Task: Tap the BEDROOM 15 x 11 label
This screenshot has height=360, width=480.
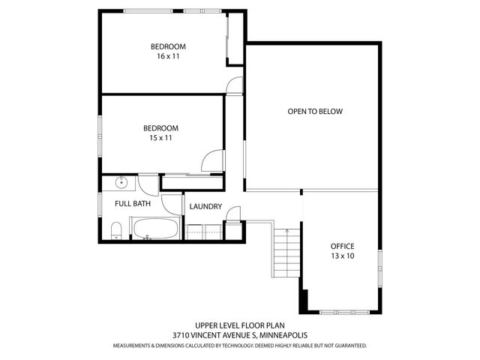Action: coord(161,133)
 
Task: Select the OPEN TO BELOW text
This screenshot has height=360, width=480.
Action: coord(314,112)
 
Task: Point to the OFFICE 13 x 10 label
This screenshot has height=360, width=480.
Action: coord(342,251)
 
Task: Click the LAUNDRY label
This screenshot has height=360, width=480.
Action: coord(205,207)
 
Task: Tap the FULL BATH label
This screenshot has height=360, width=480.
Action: coord(132,203)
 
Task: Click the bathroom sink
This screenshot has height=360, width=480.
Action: coord(121,182)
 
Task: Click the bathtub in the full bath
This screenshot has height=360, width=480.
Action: coord(154,228)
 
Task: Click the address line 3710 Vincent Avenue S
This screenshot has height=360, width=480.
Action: coord(240,335)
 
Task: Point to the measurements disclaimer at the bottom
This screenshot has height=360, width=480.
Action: coord(240,346)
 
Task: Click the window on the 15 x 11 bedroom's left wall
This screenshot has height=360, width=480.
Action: coord(99,136)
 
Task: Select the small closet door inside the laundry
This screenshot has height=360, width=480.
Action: coord(234,215)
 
